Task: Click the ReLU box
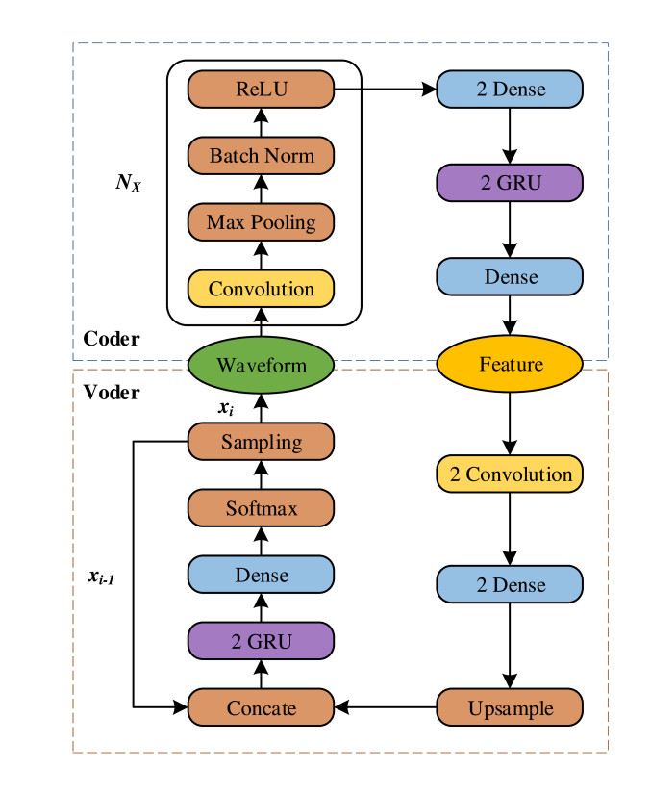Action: (x=261, y=90)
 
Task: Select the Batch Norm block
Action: (x=261, y=156)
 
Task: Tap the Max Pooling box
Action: (x=261, y=222)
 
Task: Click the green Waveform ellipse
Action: (x=261, y=365)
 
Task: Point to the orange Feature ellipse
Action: (x=510, y=365)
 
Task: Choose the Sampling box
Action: (x=261, y=442)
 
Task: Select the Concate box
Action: (x=261, y=708)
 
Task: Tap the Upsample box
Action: (x=510, y=708)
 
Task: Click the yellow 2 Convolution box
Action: (x=510, y=474)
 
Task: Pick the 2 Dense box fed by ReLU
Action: (x=510, y=90)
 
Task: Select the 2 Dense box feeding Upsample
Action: (x=510, y=584)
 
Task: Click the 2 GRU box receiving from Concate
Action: (x=261, y=641)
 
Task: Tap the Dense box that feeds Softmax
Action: (x=261, y=575)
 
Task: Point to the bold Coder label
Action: (x=112, y=339)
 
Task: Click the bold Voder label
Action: (x=112, y=393)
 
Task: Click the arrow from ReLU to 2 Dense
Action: (x=385, y=90)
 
